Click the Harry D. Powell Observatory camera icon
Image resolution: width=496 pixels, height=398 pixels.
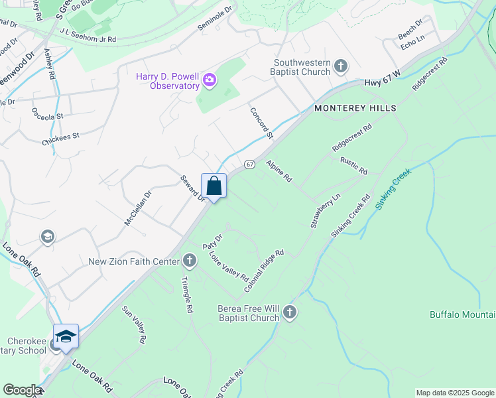tap(210, 80)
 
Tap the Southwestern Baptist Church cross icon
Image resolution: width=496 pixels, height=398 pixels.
tap(340, 66)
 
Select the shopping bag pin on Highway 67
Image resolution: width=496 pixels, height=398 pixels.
tap(214, 186)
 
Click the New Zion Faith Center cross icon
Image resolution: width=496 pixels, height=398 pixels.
tap(190, 261)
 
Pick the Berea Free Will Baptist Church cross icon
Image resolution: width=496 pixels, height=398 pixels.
tap(290, 312)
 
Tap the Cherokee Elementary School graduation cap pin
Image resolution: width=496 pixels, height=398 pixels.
tap(66, 337)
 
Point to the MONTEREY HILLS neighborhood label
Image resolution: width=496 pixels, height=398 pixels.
tap(355, 108)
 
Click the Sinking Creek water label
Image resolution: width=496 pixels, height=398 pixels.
tap(394, 189)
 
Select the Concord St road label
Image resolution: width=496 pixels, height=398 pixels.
tap(261, 123)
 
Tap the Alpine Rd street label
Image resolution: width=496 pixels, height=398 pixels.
tap(279, 170)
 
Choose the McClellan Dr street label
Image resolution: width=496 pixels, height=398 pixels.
tap(138, 208)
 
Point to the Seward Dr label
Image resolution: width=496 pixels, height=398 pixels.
tap(193, 189)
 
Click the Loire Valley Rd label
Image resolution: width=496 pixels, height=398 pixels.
tap(228, 266)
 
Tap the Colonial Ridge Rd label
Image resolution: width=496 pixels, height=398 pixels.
tap(264, 271)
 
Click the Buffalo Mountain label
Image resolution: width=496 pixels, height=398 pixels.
tap(462, 314)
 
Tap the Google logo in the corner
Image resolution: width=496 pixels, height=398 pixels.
tap(22, 390)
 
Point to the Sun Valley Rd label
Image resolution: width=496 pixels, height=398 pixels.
tap(133, 324)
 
